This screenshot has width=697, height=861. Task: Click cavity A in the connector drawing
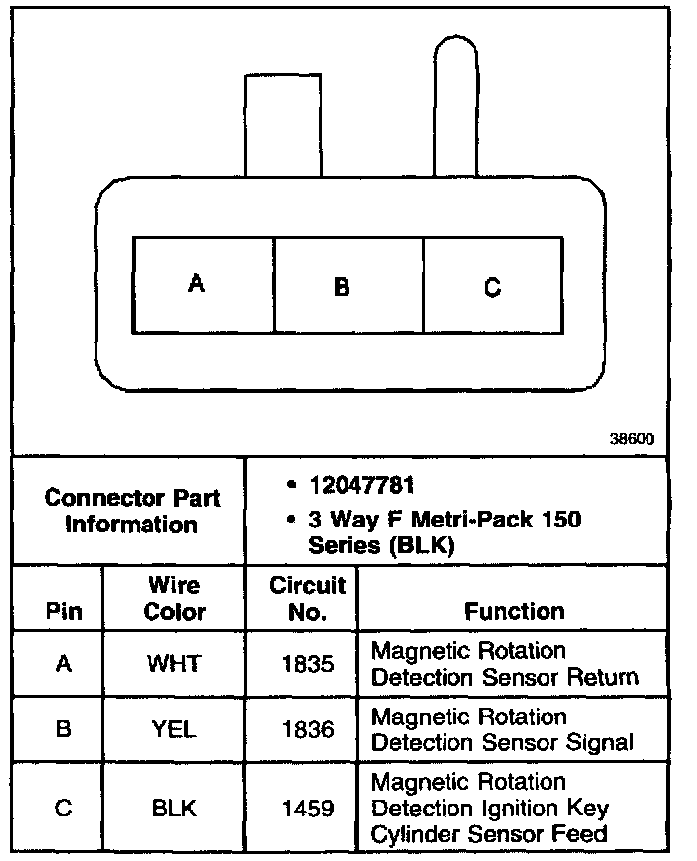click(203, 285)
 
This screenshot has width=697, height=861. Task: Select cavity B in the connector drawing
click(348, 286)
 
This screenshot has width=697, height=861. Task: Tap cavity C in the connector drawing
click(492, 286)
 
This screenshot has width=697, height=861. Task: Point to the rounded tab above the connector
click(457, 104)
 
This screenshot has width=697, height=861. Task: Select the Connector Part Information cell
click(132, 511)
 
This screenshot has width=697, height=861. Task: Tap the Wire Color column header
click(174, 598)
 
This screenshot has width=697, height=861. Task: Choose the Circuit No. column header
click(307, 598)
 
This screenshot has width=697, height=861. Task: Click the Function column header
click(514, 611)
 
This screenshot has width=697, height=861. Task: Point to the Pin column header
click(64, 611)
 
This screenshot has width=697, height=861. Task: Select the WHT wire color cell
click(174, 664)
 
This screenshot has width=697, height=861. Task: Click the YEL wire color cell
click(174, 730)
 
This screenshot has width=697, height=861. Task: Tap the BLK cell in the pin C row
click(174, 809)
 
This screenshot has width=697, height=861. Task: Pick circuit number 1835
click(307, 664)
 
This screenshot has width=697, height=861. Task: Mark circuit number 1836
click(307, 730)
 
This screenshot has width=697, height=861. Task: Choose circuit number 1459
click(307, 809)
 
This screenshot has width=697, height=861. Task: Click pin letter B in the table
click(64, 730)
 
